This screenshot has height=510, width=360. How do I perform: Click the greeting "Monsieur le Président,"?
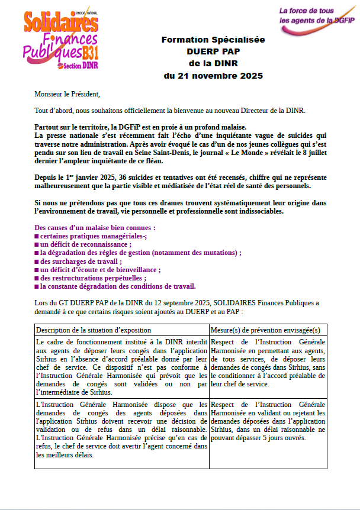[x=67, y=94]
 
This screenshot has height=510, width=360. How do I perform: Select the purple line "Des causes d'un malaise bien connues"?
[x=95, y=228]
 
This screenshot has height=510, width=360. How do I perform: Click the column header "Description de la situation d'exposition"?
[x=94, y=330]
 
